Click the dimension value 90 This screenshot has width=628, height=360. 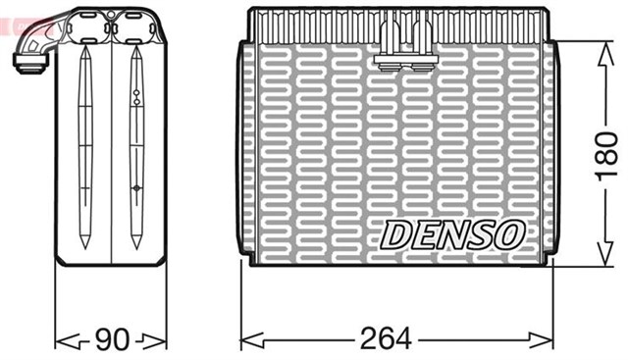110,339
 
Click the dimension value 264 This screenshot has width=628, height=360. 385,339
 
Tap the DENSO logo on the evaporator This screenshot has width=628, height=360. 452,233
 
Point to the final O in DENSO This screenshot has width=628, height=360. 510,233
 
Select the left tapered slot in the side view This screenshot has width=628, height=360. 85,147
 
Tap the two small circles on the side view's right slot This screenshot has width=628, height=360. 136,96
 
